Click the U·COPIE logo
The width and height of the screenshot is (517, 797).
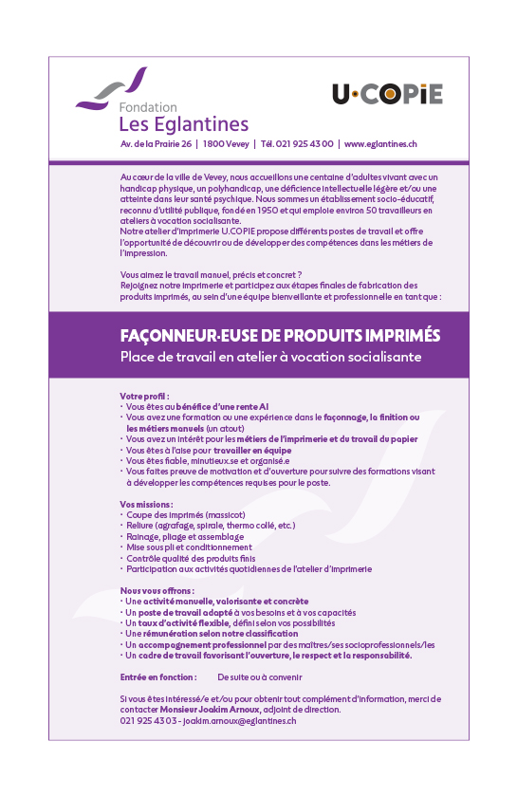[x=387, y=94]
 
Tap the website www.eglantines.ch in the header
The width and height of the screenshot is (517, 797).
[x=380, y=144]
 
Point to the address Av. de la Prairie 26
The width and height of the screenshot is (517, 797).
[x=157, y=144]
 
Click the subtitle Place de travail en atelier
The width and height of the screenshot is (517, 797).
[x=270, y=357]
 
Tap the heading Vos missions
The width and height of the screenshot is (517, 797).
[x=147, y=504]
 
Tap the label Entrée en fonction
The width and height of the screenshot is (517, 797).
[x=158, y=677]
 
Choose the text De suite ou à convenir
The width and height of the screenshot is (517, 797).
[x=259, y=677]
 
